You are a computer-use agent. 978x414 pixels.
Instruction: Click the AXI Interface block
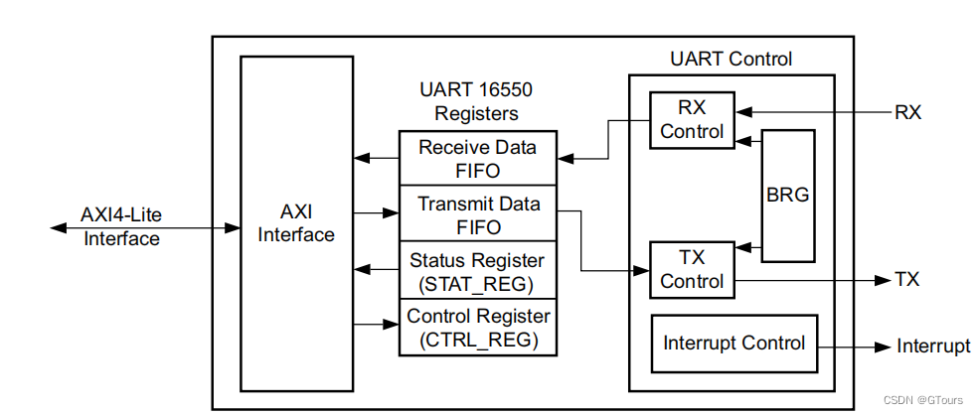[x=297, y=223]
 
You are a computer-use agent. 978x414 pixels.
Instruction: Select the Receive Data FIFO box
[x=477, y=157]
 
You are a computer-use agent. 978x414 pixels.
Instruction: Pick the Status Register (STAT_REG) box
[x=477, y=270]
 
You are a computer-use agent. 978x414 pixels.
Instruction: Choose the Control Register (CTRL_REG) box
[x=477, y=328]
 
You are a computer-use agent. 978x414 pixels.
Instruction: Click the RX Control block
[x=692, y=120]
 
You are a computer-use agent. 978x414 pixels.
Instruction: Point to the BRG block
[x=788, y=195]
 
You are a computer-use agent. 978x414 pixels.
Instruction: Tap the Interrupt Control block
[x=733, y=344]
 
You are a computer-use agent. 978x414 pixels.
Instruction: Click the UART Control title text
[x=731, y=60]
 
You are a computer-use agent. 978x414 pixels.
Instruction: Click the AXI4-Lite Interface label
[x=121, y=227]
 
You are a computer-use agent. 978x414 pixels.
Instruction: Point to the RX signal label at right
[x=907, y=112]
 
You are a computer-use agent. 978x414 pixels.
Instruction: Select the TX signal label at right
[x=906, y=280]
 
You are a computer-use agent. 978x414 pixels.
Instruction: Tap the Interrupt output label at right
[x=933, y=345]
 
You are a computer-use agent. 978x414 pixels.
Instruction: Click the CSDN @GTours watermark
[x=924, y=400]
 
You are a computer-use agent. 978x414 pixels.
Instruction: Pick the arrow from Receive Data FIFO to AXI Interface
[x=377, y=157]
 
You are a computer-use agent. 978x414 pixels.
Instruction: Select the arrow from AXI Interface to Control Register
[x=377, y=324]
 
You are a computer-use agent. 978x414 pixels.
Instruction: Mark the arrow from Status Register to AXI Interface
[x=377, y=268]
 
